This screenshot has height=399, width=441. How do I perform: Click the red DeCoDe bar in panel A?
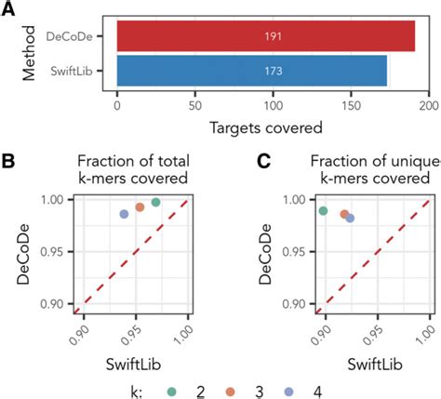tap(266, 36)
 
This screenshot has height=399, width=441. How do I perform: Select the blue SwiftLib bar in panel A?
tap(252, 71)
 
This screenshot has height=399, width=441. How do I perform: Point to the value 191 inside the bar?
tap(274, 36)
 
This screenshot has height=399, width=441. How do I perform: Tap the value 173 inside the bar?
tap(274, 71)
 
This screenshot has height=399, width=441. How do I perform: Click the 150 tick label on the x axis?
tap(351, 106)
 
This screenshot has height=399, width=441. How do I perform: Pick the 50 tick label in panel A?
tap(195, 106)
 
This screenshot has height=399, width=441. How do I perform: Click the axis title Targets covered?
tap(266, 127)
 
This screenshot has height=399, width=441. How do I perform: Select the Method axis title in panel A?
tap(29, 53)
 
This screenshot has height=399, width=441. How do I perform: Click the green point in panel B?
tap(155, 203)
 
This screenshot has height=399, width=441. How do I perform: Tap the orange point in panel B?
tap(140, 207)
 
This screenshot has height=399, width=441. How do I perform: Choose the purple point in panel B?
tap(124, 214)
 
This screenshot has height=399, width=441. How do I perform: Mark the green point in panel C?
tap(323, 211)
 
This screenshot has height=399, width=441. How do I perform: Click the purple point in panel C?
tap(350, 219)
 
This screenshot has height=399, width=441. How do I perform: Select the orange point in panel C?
tap(344, 214)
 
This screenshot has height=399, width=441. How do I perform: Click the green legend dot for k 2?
tap(171, 392)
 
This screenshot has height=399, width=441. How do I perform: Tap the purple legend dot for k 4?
tap(288, 392)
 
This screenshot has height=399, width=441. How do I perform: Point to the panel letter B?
tap(8, 162)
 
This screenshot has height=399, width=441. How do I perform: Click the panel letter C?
tap(264, 162)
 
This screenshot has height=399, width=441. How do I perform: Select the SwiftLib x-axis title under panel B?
tap(133, 364)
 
